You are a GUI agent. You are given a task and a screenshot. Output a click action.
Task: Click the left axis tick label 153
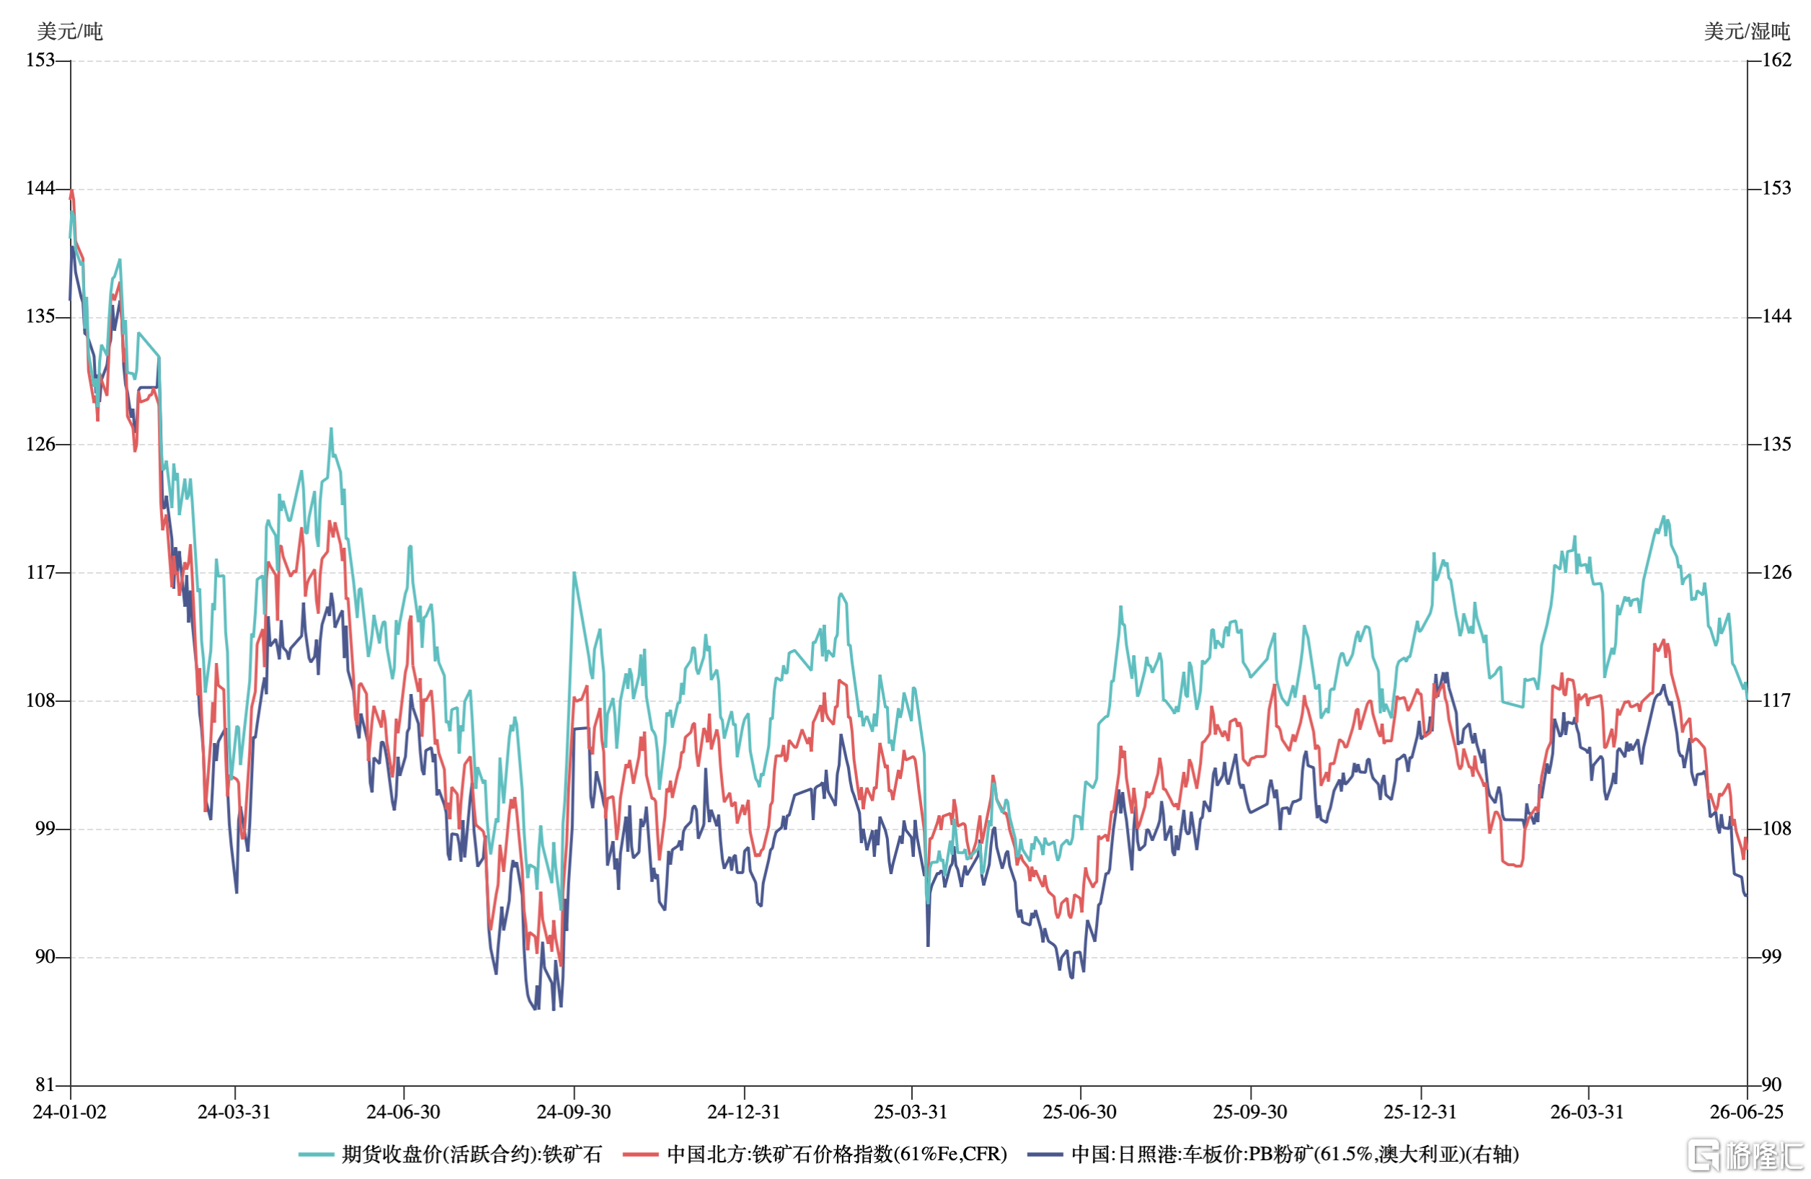coord(40,59)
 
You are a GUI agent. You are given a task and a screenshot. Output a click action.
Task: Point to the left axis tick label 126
coord(40,443)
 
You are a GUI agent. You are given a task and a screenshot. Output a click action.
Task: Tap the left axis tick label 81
coord(45,1085)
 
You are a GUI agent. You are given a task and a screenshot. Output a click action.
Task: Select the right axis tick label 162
coord(1777,59)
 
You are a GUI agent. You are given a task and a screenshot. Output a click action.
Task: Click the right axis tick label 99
coord(1772,956)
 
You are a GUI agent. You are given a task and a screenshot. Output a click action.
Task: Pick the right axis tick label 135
coord(1777,443)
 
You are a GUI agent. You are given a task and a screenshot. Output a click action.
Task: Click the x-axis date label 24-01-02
coord(70,1112)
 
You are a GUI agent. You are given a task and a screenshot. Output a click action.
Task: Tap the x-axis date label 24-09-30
coord(574,1112)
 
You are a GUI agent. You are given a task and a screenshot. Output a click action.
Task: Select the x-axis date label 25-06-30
coord(1080,1112)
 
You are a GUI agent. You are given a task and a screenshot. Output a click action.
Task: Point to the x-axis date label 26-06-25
coord(1747,1112)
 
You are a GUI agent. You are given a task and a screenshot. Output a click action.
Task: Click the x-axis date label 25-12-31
coord(1420,1112)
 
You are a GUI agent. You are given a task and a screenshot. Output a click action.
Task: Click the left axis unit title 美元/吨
coord(70,31)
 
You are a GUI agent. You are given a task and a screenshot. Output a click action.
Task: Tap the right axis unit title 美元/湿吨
coord(1747,31)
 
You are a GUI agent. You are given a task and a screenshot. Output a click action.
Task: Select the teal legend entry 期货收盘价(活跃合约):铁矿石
coord(451,1154)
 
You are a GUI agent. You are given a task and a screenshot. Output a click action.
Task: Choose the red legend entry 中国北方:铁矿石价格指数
coord(815,1154)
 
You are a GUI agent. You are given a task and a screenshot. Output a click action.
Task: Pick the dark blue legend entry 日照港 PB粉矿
coord(1273,1154)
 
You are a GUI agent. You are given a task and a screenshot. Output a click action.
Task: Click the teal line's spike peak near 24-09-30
coord(574,573)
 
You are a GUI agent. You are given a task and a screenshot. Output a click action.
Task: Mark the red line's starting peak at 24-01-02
coord(71,190)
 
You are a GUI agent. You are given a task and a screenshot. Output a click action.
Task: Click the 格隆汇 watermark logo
coord(1747,1154)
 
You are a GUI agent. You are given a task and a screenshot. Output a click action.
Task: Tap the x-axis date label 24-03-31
coord(234,1112)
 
